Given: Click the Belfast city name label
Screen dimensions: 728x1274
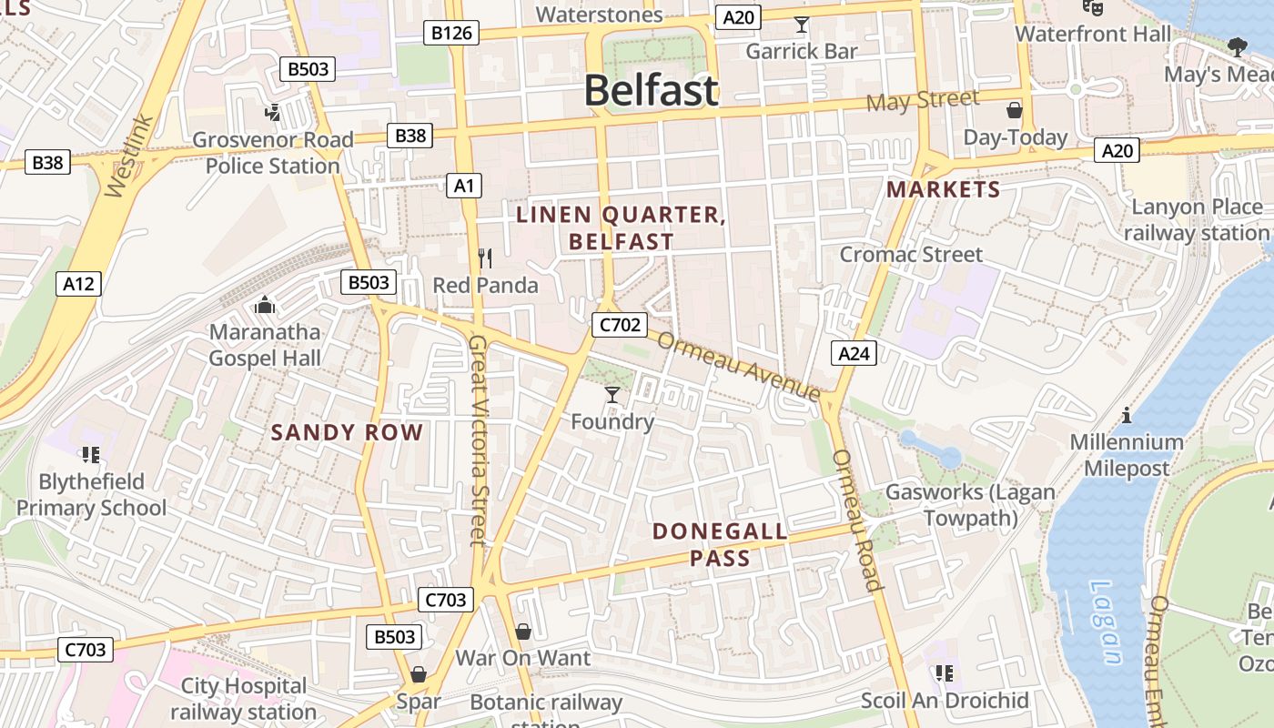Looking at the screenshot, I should tap(651, 91).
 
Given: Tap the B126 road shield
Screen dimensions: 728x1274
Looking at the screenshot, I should tap(451, 34).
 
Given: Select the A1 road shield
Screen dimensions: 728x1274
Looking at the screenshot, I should tap(464, 186).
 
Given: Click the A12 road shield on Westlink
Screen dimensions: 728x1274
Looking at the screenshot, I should tap(78, 284).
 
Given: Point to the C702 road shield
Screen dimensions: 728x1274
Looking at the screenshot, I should tap(619, 325).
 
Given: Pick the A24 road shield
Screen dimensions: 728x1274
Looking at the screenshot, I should tap(854, 353).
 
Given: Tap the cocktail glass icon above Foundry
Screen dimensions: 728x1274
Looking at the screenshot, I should tap(612, 394).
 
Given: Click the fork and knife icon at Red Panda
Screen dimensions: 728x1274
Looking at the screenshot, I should tap(485, 258).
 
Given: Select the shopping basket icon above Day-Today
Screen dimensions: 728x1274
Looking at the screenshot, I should tap(1015, 111).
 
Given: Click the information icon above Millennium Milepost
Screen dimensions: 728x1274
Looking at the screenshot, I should tap(1127, 415).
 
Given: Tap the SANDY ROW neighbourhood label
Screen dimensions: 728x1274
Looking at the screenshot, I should tap(347, 432).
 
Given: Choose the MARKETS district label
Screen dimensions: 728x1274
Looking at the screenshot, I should tap(943, 189).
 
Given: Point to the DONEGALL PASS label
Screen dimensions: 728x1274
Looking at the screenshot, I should tap(720, 544).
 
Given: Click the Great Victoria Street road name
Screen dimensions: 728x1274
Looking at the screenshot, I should tap(479, 440).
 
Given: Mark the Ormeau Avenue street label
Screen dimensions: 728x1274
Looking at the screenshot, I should tap(738, 366).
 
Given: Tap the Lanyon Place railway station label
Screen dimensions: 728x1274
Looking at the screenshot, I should tap(1196, 219).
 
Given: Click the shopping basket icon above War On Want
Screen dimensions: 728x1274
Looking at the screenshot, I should tap(523, 631).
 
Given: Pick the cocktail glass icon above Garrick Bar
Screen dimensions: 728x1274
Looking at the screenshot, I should tap(801, 25).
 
